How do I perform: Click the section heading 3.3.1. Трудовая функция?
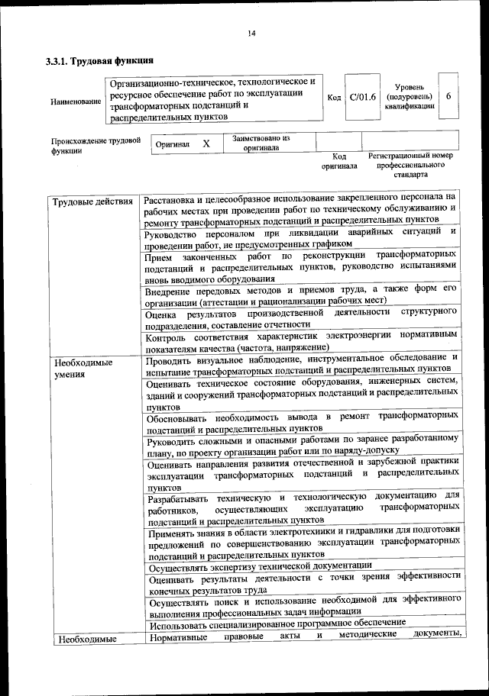pyautogui.click(x=100, y=60)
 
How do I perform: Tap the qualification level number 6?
pyautogui.click(x=449, y=98)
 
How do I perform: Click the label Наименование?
pyautogui.click(x=75, y=101)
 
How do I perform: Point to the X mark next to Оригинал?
pyautogui.click(x=206, y=143)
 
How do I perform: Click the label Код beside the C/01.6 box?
pyautogui.click(x=334, y=98)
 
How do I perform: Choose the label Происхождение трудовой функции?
pyautogui.click(x=96, y=145)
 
